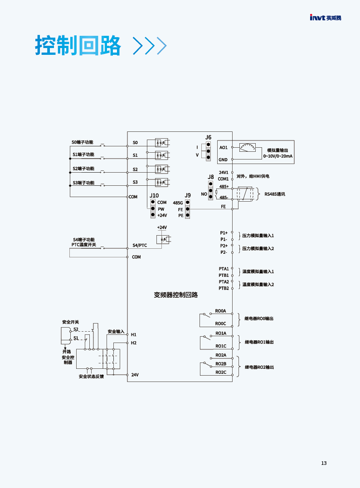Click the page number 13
click(x=324, y=463)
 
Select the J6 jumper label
click(x=208, y=137)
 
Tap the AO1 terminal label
click(x=224, y=147)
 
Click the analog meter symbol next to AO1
click(x=247, y=147)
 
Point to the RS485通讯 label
click(x=275, y=194)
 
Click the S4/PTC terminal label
click(x=140, y=245)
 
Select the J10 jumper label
click(x=154, y=195)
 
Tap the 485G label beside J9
click(x=178, y=203)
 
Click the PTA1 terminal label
click(x=224, y=269)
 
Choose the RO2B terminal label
click(x=221, y=364)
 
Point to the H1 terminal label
click(x=133, y=334)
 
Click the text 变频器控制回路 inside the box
click(x=176, y=295)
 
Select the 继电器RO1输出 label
click(x=259, y=342)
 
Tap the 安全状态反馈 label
click(x=91, y=377)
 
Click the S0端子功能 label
click(x=82, y=142)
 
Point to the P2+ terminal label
click(x=224, y=246)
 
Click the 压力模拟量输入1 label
click(x=258, y=236)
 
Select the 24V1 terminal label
click(x=224, y=172)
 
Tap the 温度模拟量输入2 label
click(x=258, y=285)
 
